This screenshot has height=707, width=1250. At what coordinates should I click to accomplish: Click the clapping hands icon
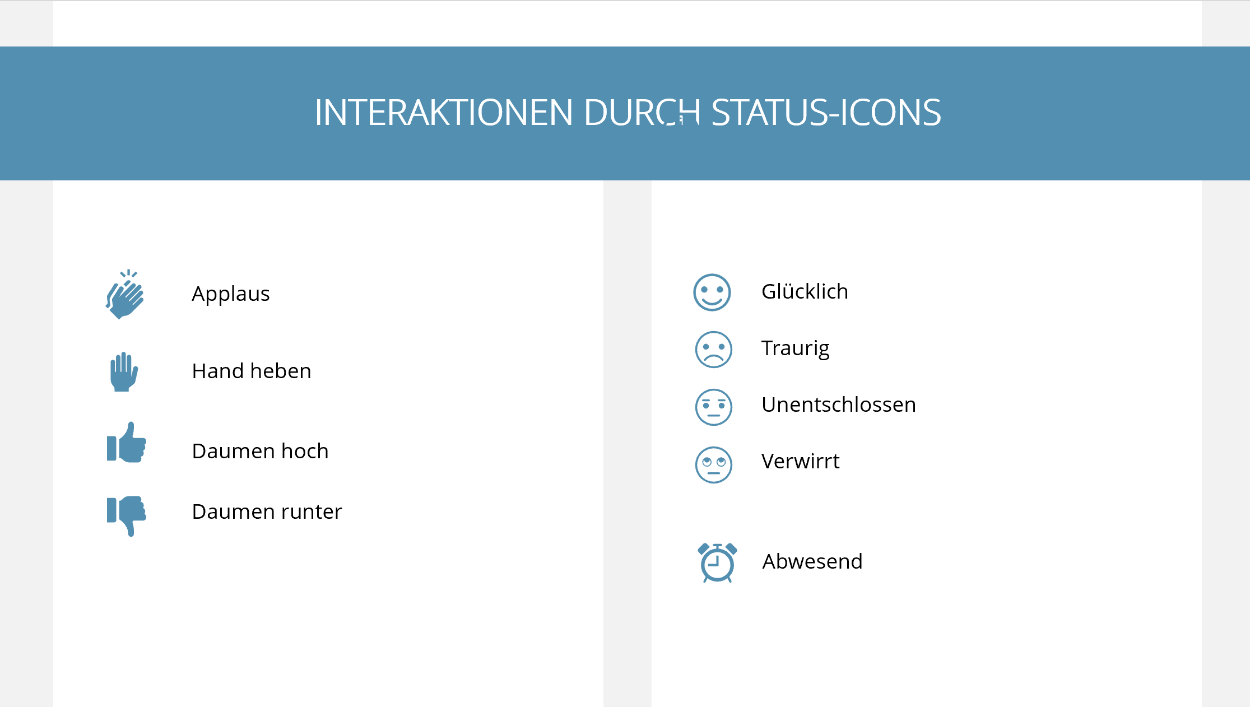[x=125, y=295]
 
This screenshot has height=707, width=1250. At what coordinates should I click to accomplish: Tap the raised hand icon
[x=124, y=372]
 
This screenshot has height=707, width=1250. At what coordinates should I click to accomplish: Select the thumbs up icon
[x=127, y=443]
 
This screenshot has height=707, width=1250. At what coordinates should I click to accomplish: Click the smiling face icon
[x=712, y=292]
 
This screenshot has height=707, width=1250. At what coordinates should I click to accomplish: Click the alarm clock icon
[x=717, y=562]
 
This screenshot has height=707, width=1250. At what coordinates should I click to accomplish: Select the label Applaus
[x=231, y=294]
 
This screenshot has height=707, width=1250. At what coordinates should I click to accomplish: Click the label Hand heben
[x=252, y=371]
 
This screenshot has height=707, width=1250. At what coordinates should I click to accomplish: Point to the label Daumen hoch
[x=260, y=451]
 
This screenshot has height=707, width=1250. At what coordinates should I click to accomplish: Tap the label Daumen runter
[x=267, y=511]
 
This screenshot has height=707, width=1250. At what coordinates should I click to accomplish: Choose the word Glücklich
[x=805, y=291]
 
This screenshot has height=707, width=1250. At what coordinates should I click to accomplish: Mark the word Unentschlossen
[x=839, y=404]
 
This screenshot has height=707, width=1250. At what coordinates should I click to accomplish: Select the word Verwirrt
[x=800, y=461]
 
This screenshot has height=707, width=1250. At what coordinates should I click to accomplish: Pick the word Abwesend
[x=812, y=561]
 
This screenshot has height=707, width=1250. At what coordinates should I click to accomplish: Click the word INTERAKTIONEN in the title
[x=444, y=112]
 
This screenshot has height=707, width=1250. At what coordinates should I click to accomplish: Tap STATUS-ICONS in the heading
[x=826, y=112]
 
